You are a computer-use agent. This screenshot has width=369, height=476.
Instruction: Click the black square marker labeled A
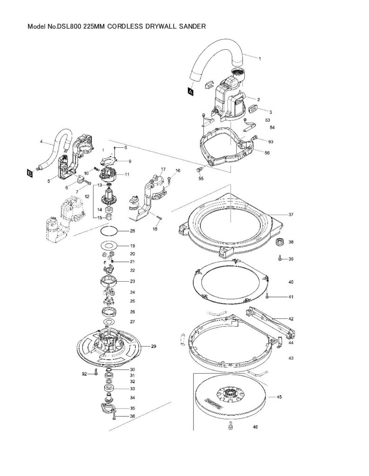click(x=191, y=91)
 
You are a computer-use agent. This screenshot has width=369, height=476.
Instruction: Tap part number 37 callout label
click(x=291, y=215)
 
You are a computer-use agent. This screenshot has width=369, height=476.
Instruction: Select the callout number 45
click(x=279, y=397)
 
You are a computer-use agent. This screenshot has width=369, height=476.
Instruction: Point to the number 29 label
click(x=154, y=346)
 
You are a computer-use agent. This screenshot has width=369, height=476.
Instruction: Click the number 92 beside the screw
click(x=85, y=374)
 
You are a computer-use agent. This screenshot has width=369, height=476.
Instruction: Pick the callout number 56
click(x=267, y=152)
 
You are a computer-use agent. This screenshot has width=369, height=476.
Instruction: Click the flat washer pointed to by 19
click(x=109, y=245)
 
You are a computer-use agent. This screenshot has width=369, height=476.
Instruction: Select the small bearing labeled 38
click(x=280, y=242)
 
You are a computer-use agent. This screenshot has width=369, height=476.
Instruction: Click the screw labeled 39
click(x=279, y=258)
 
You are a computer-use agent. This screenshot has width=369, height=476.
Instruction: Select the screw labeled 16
click(x=169, y=180)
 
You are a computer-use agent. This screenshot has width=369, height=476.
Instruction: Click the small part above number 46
click(x=230, y=426)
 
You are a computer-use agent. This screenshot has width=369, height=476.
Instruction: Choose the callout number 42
click(x=291, y=319)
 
